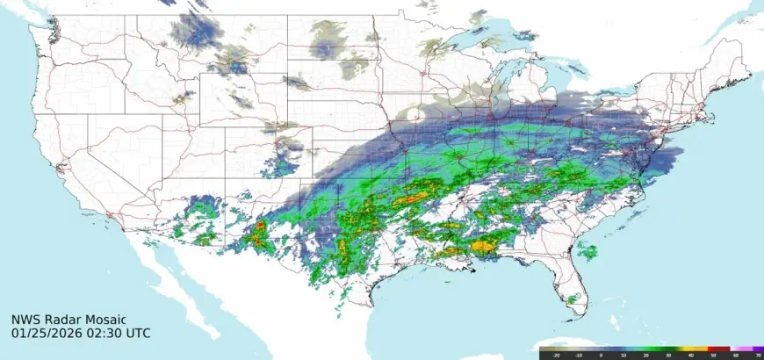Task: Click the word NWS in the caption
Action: [x=25, y=320]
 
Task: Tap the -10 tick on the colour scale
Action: [x=578, y=356]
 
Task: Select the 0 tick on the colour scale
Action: [x=602, y=356]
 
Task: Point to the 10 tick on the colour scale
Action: [x=624, y=356]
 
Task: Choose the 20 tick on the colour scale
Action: [x=647, y=356]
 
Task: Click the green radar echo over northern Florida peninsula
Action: [x=587, y=252]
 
